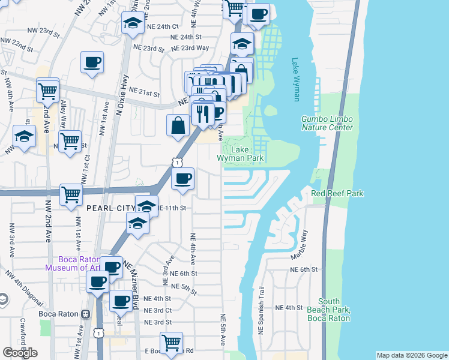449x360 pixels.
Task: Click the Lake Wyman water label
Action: pyautogui.click(x=295, y=79)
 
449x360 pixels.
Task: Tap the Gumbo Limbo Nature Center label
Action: pyautogui.click(x=327, y=123)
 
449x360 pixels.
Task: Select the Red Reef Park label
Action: pyautogui.click(x=337, y=193)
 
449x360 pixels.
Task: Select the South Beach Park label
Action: pyautogui.click(x=333, y=310)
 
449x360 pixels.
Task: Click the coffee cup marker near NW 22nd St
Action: pyautogui.click(x=92, y=62)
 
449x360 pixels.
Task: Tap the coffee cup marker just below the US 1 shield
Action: pyautogui.click(x=182, y=178)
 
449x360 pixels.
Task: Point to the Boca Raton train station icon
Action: pyautogui.click(x=86, y=314)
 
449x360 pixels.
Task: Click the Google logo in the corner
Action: pyautogui.click(x=20, y=352)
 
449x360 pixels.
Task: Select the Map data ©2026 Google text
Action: pyautogui.click(x=411, y=355)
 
